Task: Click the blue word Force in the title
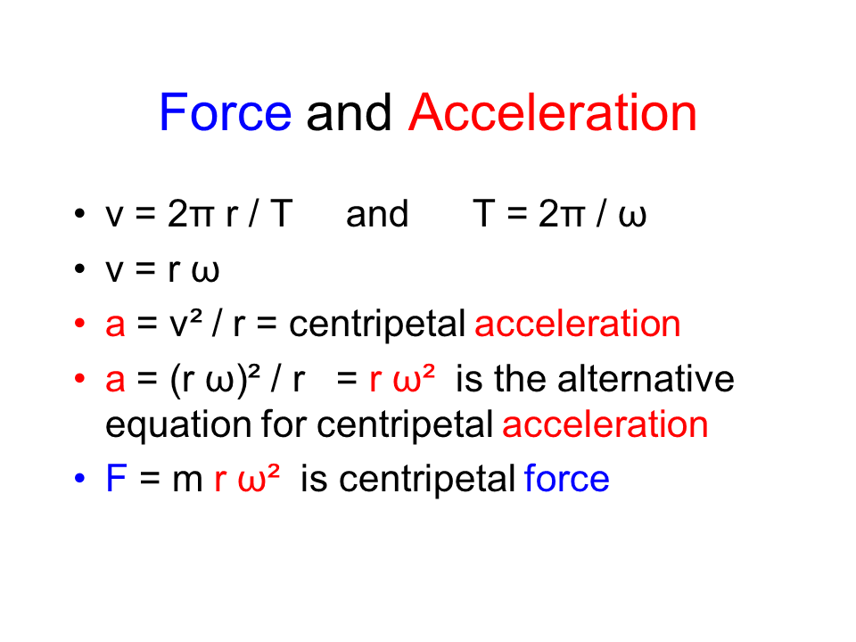coord(225,114)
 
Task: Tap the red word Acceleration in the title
coord(552,114)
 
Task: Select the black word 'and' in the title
coord(350,114)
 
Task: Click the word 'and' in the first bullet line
coord(376,215)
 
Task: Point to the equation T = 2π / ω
coord(558,215)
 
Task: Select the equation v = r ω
coord(162,269)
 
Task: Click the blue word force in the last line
coord(567,479)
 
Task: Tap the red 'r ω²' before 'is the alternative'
coord(402,379)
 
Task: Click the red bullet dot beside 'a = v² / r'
coord(80,324)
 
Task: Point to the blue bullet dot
coord(80,479)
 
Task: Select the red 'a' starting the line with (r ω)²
coord(115,381)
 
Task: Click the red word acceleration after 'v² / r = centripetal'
coord(578,324)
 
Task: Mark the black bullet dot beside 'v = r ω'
coord(80,269)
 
